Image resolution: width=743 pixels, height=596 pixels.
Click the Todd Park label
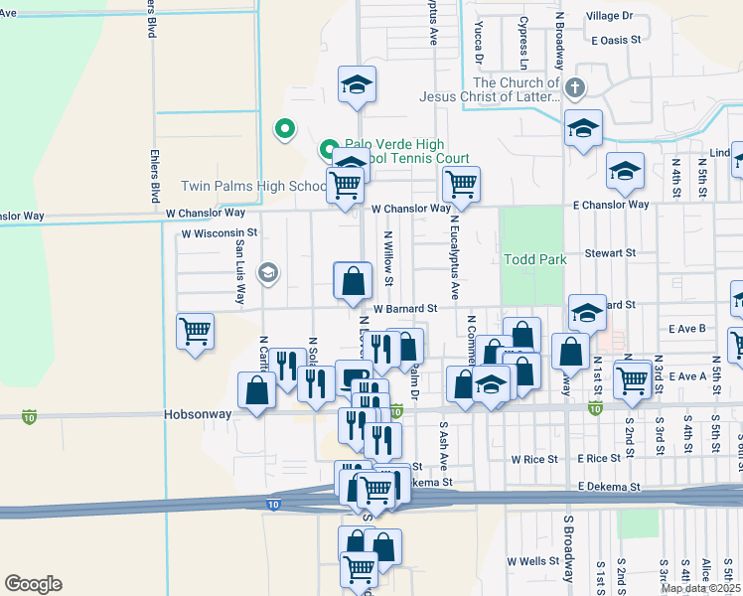click(x=535, y=259)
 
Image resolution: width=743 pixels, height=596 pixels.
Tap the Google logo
click(x=33, y=584)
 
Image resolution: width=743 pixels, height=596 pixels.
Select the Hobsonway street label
click(x=198, y=414)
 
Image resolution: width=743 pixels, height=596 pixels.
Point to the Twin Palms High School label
click(x=253, y=187)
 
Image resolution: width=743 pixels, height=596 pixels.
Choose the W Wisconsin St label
click(x=219, y=233)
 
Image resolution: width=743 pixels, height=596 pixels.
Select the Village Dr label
click(x=609, y=16)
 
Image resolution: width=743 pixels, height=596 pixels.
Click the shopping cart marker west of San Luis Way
click(x=195, y=332)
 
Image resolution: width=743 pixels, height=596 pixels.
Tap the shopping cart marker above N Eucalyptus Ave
click(x=461, y=184)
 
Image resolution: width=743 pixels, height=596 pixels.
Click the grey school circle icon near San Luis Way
click(x=267, y=272)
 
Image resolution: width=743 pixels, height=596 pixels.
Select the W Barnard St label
click(x=406, y=309)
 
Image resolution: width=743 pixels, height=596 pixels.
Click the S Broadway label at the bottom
click(x=569, y=548)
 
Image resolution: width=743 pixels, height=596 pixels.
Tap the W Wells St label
click(x=532, y=561)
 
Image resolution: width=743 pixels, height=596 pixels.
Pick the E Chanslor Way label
click(x=610, y=205)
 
